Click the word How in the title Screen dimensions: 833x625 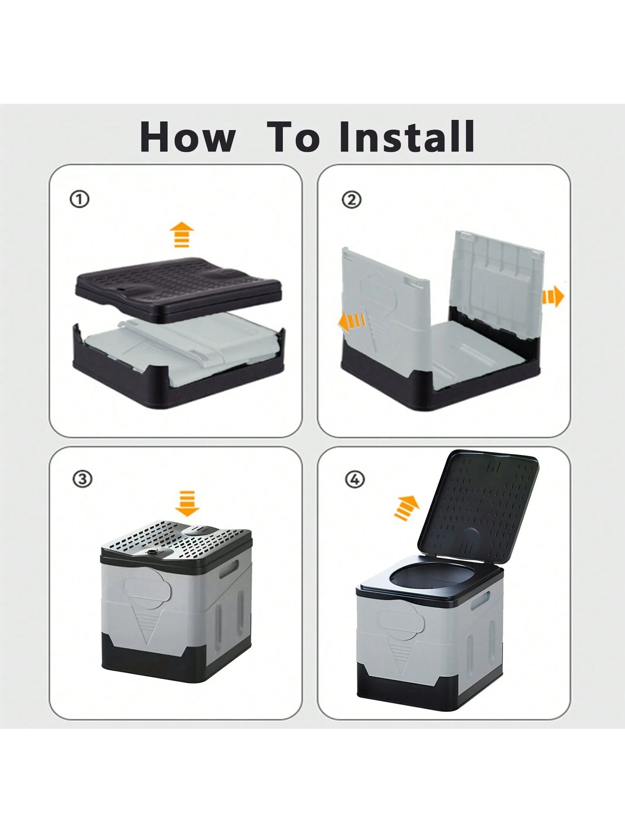tap(188, 137)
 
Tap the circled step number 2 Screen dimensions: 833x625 tap(351, 200)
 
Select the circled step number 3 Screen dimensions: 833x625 tap(83, 479)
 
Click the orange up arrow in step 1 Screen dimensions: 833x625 tap(182, 234)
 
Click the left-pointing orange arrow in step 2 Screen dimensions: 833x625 tap(351, 323)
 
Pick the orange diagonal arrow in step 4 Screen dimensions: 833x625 tap(407, 508)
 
